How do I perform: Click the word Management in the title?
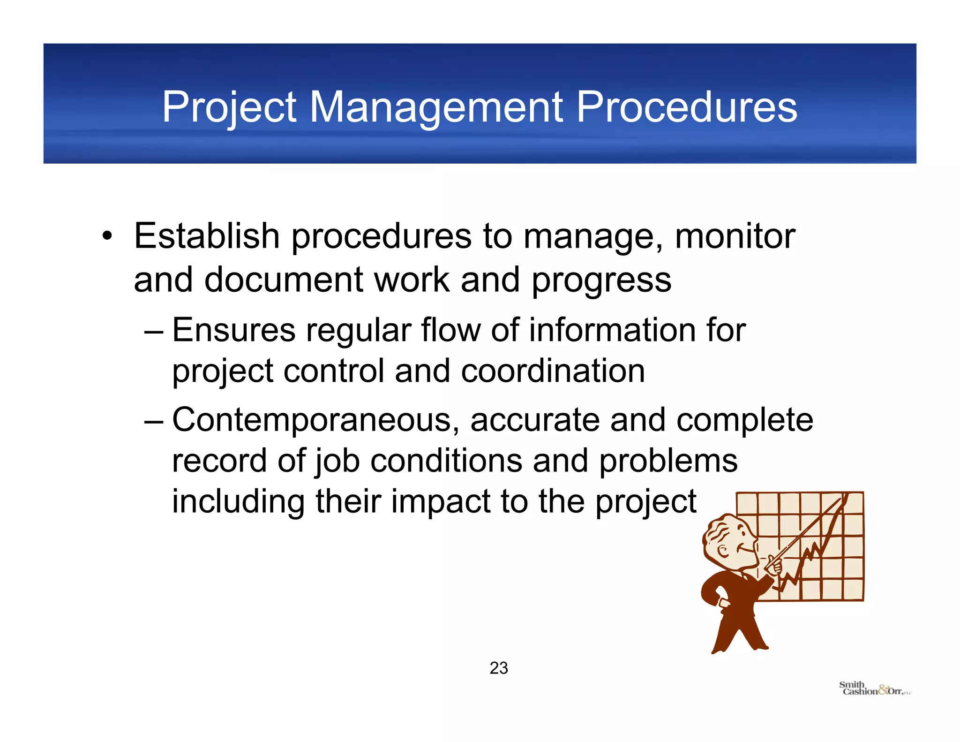point(436,108)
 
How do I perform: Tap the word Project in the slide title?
point(229,108)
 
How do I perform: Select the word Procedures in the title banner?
point(687,108)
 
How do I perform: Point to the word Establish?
point(207,236)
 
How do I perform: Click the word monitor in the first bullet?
point(735,236)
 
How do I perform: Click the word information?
point(612,330)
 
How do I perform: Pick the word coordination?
point(553,371)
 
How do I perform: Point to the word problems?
point(668,461)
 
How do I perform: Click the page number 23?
point(499,668)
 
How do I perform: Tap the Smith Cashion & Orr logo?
point(874,689)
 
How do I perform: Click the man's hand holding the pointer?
point(773,567)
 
